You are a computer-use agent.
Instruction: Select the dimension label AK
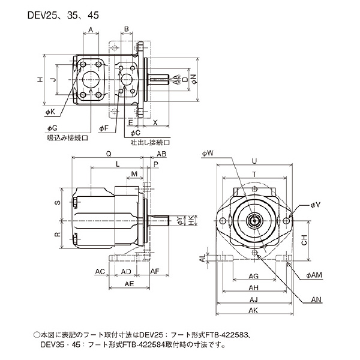click(x=253, y=310)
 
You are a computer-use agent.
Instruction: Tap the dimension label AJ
click(x=253, y=298)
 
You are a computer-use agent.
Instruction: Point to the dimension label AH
click(x=253, y=287)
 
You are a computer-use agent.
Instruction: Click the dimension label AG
click(x=253, y=276)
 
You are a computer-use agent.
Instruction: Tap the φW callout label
click(x=208, y=154)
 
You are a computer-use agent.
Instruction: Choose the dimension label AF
click(x=154, y=272)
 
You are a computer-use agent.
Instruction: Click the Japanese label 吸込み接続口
click(x=67, y=137)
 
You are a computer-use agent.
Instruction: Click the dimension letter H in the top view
click(x=39, y=79)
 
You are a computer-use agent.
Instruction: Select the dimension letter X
click(x=155, y=122)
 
